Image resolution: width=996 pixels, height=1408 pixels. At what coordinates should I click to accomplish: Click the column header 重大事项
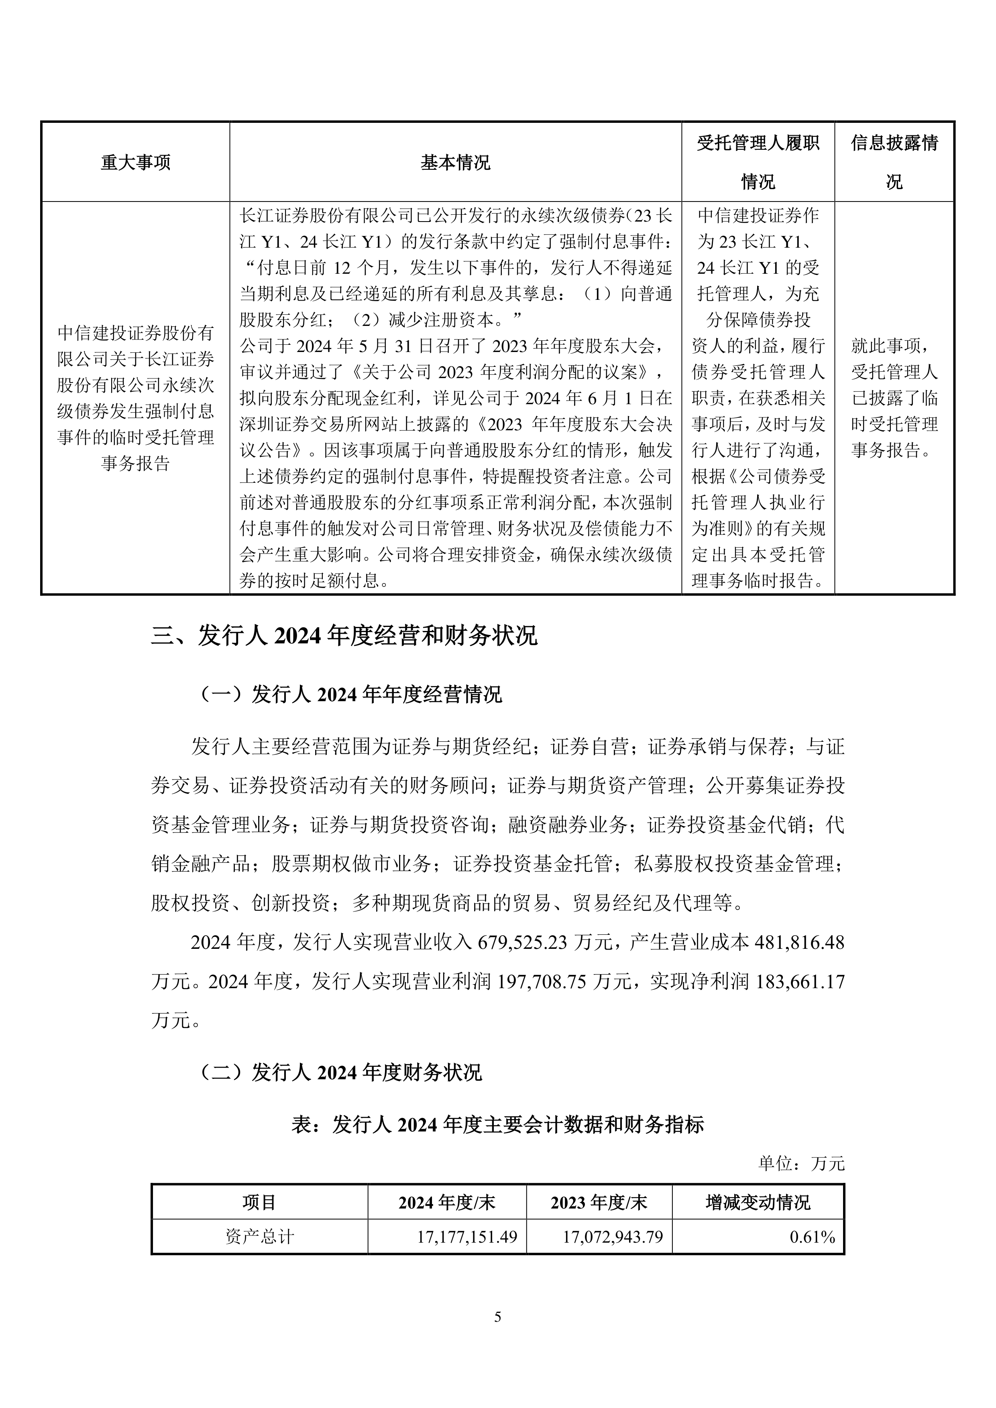pos(136,163)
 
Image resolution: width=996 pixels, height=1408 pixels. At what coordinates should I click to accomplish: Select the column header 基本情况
pos(455,163)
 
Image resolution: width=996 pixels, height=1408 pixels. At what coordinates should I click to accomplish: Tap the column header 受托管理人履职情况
pos(758,163)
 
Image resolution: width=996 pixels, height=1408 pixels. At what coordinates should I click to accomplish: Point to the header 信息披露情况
pos(894,163)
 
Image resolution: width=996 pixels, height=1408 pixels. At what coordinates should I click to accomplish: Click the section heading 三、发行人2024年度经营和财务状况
pos(344,636)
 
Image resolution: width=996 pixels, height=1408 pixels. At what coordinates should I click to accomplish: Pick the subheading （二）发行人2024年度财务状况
pos(341,1072)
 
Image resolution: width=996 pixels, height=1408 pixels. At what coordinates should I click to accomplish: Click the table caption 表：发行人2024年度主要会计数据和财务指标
pos(497,1125)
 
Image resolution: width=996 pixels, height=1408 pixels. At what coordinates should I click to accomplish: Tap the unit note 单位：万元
pos(801,1163)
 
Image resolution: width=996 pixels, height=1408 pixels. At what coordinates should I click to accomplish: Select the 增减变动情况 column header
pos(758,1202)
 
